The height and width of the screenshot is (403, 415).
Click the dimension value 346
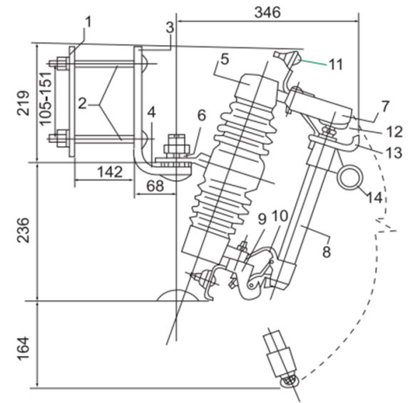pos(267,12)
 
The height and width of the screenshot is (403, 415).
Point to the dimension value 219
pos(23,103)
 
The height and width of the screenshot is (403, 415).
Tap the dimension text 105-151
pos(45,99)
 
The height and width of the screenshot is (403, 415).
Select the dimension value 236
pos(23,230)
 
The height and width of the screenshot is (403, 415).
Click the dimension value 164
pos(23,349)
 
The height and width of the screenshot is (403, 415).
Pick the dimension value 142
pos(110,171)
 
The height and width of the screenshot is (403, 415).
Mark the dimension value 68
pos(155,186)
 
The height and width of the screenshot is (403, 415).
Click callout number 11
pos(335,64)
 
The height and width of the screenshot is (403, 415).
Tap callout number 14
pos(374,197)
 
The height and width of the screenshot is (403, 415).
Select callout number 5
pos(225,59)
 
